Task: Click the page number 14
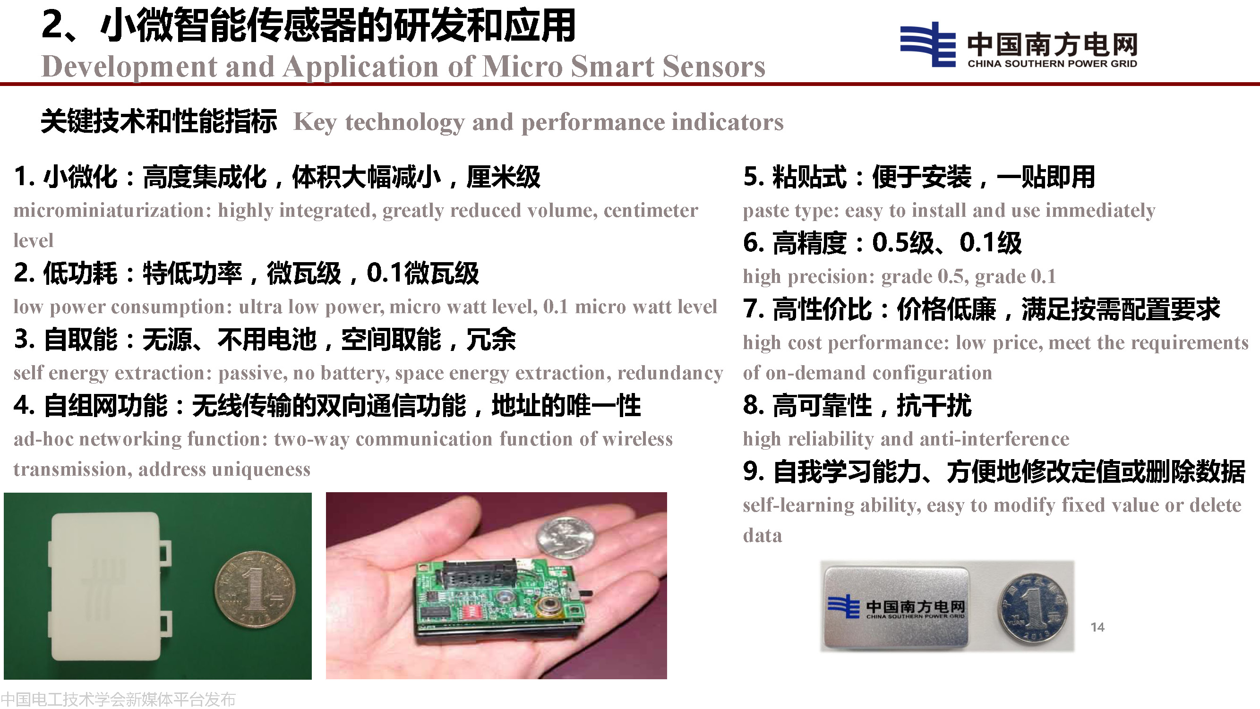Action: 1097,627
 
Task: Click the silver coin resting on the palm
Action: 567,538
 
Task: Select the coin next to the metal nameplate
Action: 1033,608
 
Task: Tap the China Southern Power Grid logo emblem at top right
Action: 927,44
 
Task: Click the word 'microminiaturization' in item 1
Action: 112,210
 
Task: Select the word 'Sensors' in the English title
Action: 714,66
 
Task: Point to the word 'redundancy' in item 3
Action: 670,374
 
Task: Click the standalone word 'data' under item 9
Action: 762,536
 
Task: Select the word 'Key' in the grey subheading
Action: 315,122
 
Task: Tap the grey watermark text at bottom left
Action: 118,699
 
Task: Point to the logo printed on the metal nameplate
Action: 896,607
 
